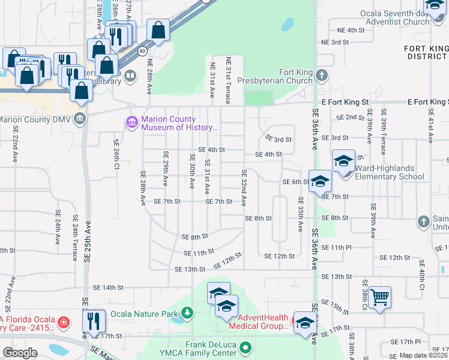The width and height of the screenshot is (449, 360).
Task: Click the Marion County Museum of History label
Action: [178, 123]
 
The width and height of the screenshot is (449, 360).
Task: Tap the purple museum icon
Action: [131, 122]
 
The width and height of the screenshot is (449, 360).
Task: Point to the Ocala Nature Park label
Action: [149, 313]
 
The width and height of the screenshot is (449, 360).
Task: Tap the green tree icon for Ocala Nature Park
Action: [188, 313]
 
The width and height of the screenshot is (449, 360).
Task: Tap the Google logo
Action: [20, 353]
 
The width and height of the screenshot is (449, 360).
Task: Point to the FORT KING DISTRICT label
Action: [427, 52]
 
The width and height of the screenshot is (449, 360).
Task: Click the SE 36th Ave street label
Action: [315, 128]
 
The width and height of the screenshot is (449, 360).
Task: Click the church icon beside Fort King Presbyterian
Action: [322, 76]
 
